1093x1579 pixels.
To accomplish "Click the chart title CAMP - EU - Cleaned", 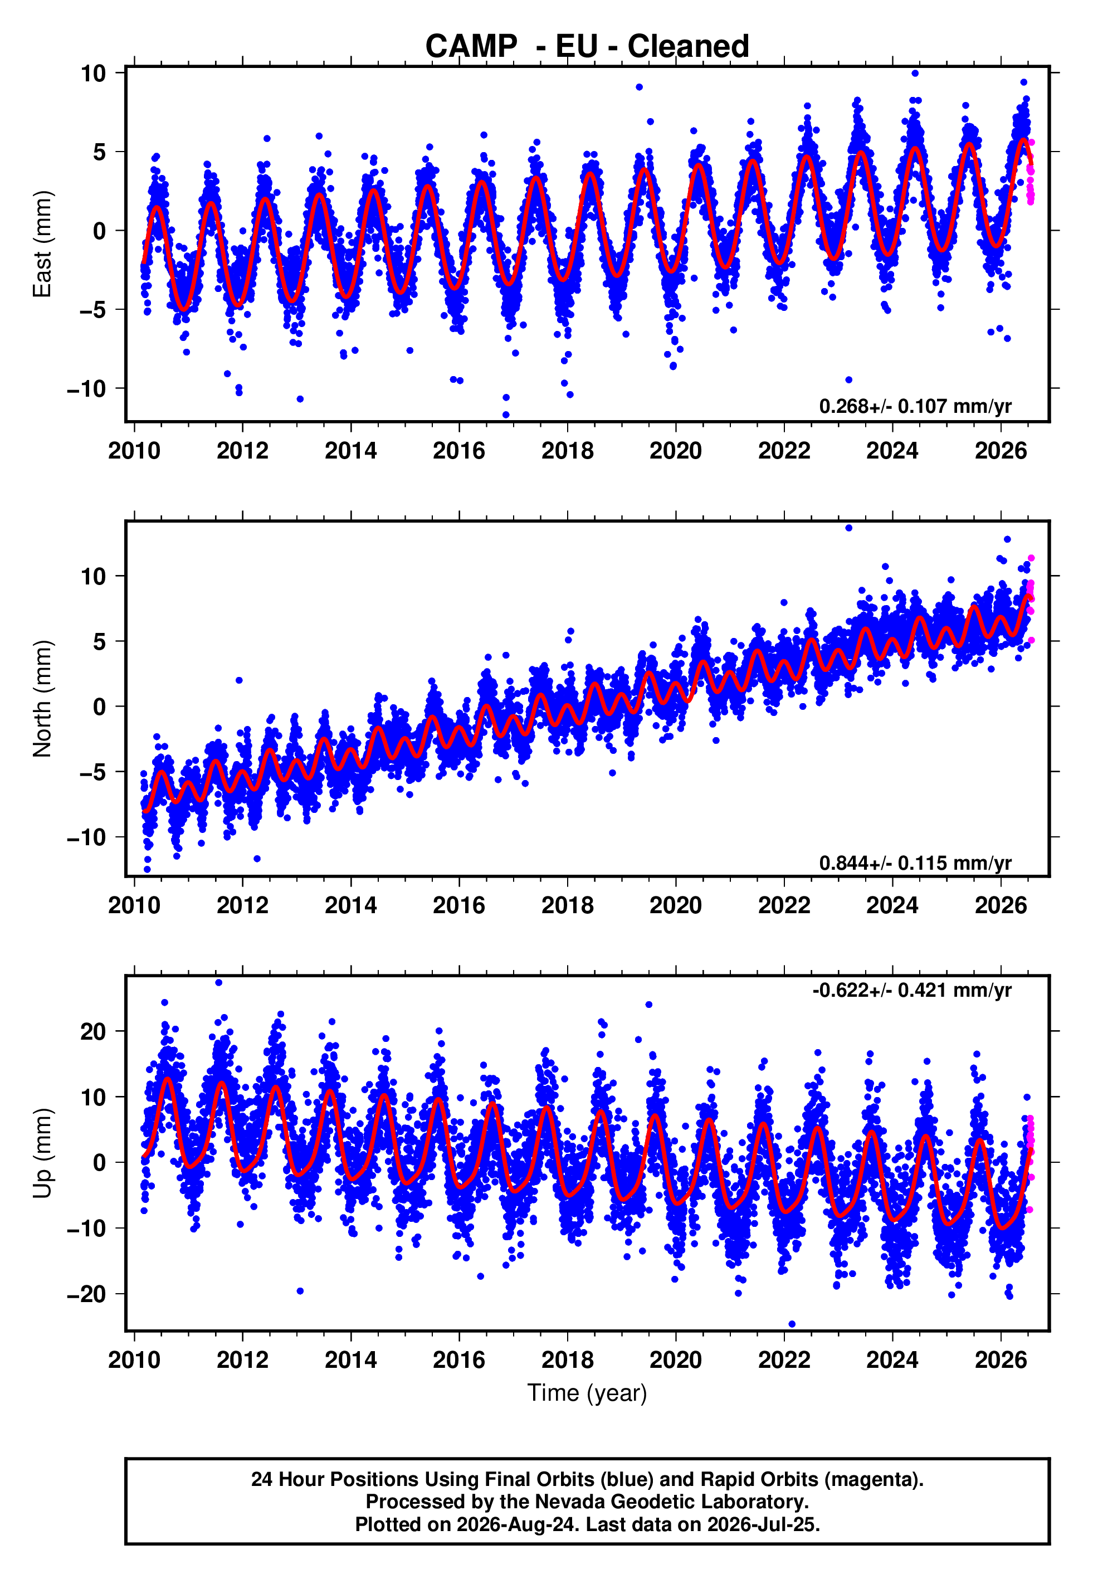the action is [587, 47].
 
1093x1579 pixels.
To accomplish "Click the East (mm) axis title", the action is [42, 244].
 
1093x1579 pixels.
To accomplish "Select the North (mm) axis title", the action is [42, 699].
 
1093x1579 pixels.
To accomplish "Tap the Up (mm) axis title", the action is [42, 1153].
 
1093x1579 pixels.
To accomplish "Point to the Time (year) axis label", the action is [587, 1393].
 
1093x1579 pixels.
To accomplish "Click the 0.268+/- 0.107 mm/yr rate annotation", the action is [915, 406].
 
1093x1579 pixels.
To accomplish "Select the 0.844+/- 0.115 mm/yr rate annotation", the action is [915, 862].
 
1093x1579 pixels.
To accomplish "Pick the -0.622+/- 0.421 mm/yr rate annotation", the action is [911, 990].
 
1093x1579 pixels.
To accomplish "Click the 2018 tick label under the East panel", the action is [567, 451].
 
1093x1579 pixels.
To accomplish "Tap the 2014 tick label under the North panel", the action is [350, 905].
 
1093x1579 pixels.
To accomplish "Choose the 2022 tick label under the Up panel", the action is [784, 1360].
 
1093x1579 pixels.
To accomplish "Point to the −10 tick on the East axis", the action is [86, 388].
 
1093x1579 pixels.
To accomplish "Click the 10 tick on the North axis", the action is [94, 576].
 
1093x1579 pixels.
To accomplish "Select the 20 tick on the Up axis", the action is [93, 1031].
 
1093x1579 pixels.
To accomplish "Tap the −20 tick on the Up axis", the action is [86, 1294].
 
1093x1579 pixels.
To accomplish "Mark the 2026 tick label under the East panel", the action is [1001, 451].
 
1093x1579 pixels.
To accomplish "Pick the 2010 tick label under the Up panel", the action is [134, 1360].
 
